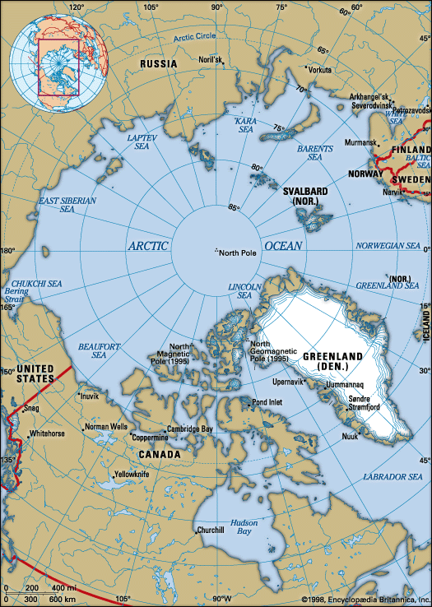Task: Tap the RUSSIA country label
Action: click(x=159, y=63)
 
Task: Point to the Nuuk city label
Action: click(x=350, y=436)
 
